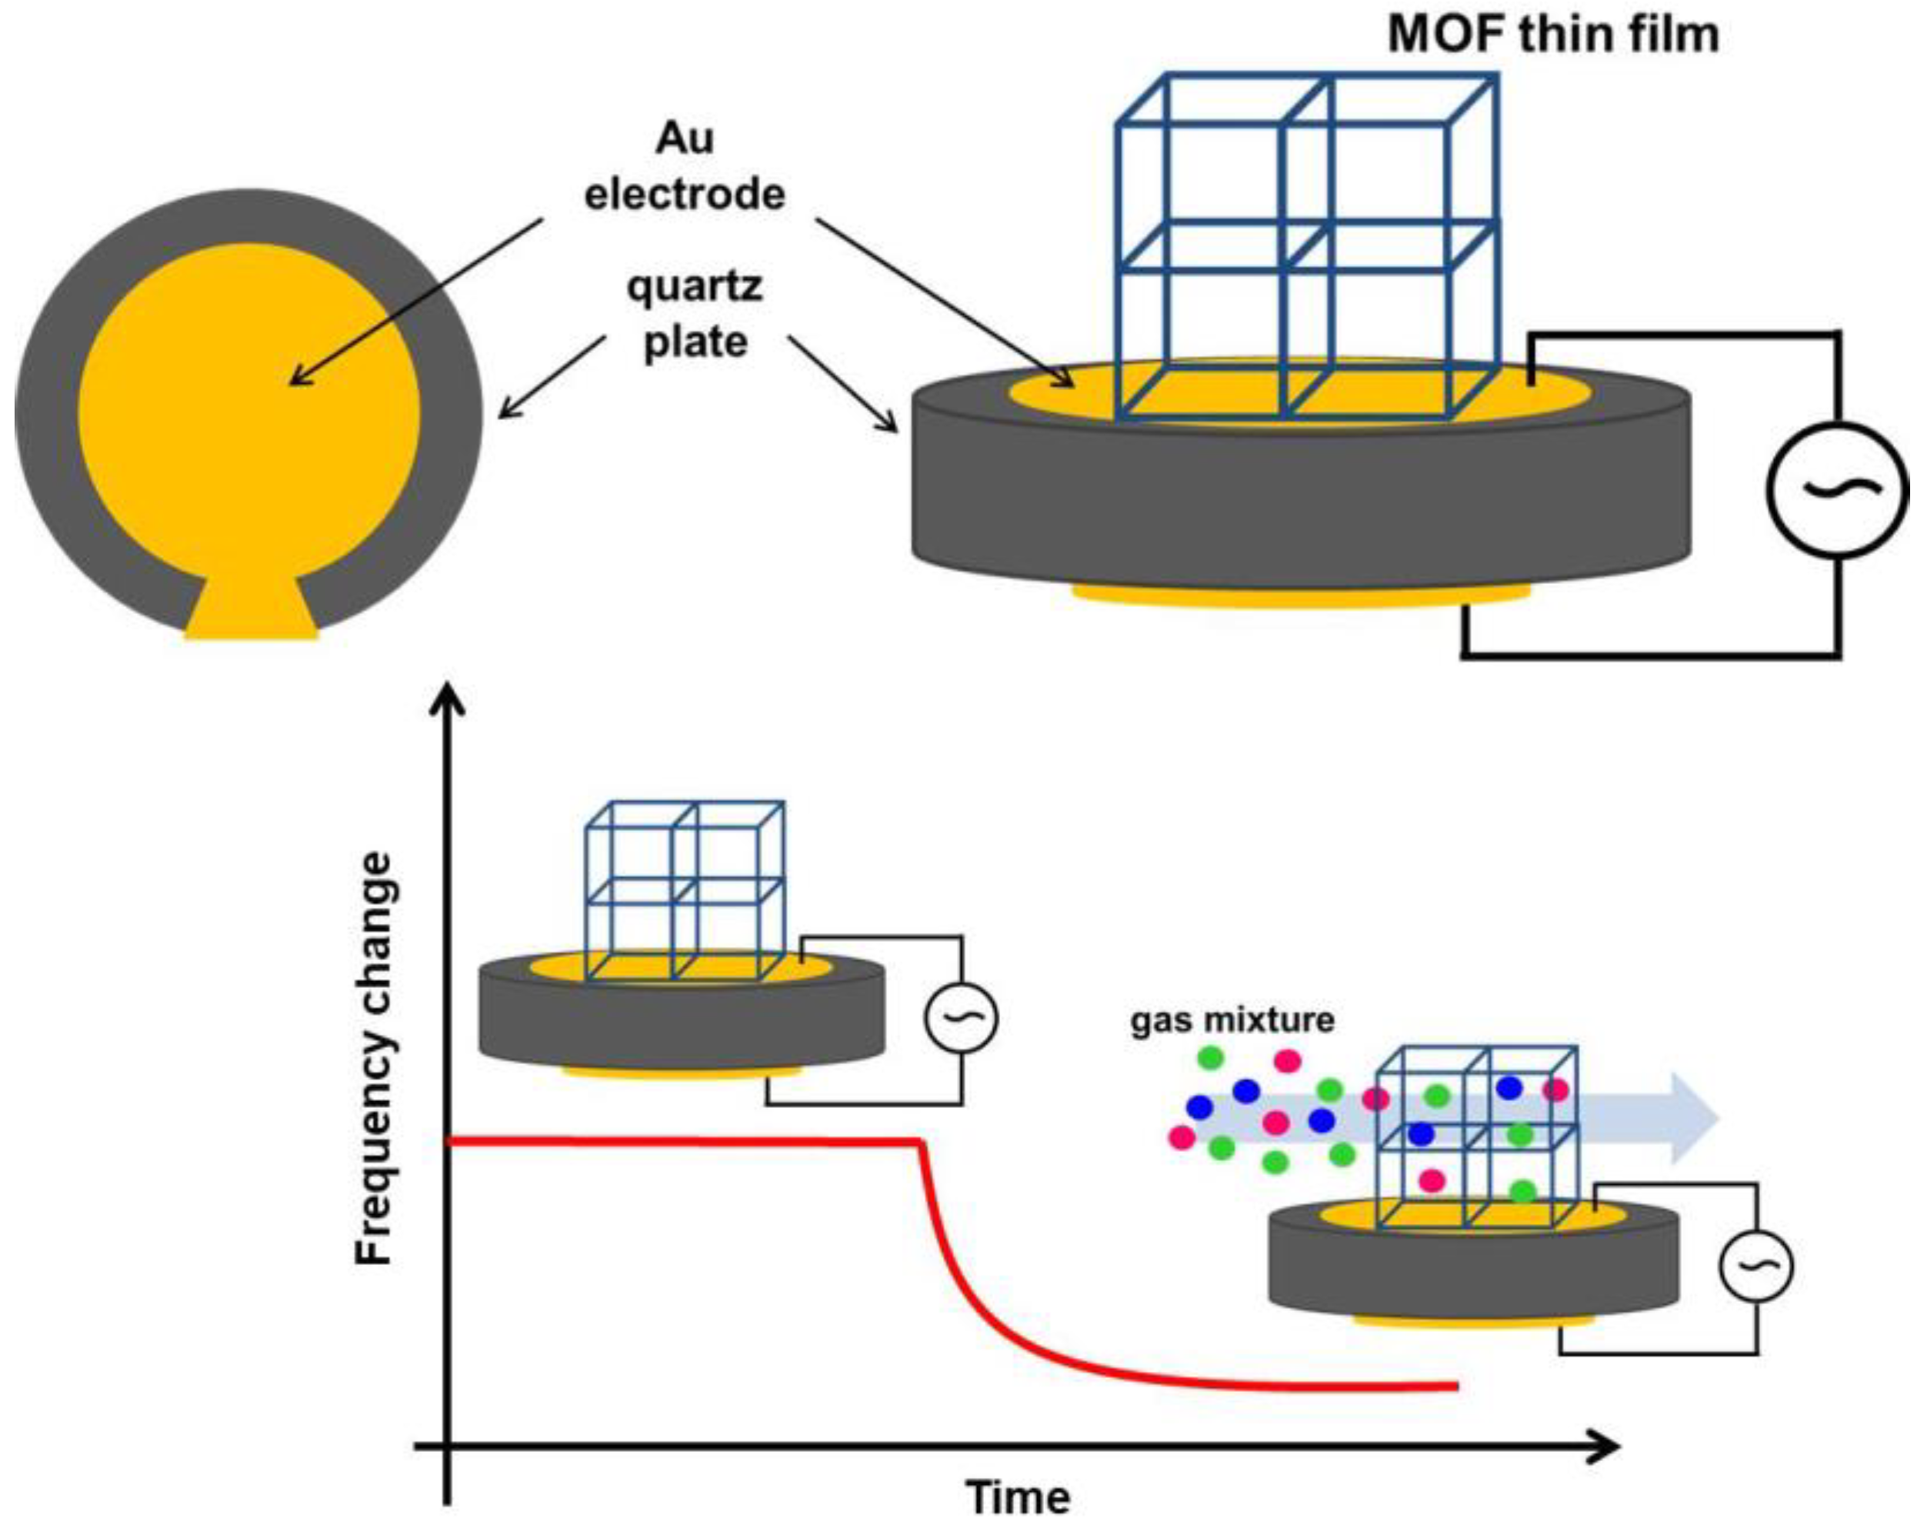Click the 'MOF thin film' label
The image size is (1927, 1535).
[1553, 35]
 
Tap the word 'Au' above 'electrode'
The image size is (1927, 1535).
[685, 138]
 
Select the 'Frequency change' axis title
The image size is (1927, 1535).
[374, 1059]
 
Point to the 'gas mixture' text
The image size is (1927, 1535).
[1232, 1020]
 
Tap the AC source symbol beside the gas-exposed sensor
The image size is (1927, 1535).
[1755, 1265]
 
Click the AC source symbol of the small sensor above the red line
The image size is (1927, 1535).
[961, 1017]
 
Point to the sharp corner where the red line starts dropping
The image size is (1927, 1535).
[921, 1142]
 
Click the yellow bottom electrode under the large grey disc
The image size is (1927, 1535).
[1301, 596]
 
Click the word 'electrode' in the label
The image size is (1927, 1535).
[685, 195]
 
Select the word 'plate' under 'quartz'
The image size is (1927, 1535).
[695, 342]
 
